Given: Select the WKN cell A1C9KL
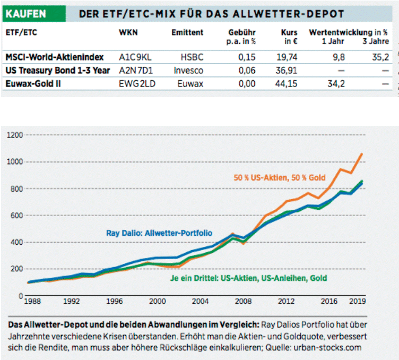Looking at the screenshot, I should (x=134, y=57).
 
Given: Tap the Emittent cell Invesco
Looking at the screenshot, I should (x=188, y=70).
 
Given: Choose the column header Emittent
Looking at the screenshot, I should (x=187, y=32).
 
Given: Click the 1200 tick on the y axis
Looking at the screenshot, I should (x=14, y=135).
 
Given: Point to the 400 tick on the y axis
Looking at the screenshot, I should (x=15, y=243).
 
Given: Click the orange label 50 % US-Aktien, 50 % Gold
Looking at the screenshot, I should (x=279, y=177).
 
